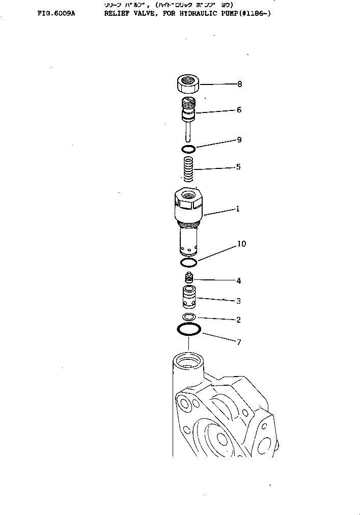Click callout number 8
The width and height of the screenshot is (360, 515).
click(239, 84)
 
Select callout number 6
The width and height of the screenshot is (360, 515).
click(239, 110)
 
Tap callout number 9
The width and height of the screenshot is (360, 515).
click(239, 140)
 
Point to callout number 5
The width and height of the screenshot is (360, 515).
click(238, 167)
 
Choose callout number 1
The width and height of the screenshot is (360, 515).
click(237, 209)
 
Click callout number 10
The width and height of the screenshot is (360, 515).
click(241, 244)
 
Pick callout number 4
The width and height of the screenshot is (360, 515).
click(238, 281)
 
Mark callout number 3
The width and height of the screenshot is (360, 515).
click(238, 301)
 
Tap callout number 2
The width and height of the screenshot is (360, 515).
click(238, 320)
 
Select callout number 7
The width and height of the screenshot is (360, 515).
click(238, 342)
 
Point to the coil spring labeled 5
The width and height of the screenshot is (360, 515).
click(188, 168)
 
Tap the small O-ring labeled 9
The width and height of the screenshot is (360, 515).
click(188, 149)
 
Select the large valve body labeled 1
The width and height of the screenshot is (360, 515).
click(188, 219)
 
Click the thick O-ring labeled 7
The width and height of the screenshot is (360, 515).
click(189, 329)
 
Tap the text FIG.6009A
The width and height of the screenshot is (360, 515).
click(56, 14)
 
